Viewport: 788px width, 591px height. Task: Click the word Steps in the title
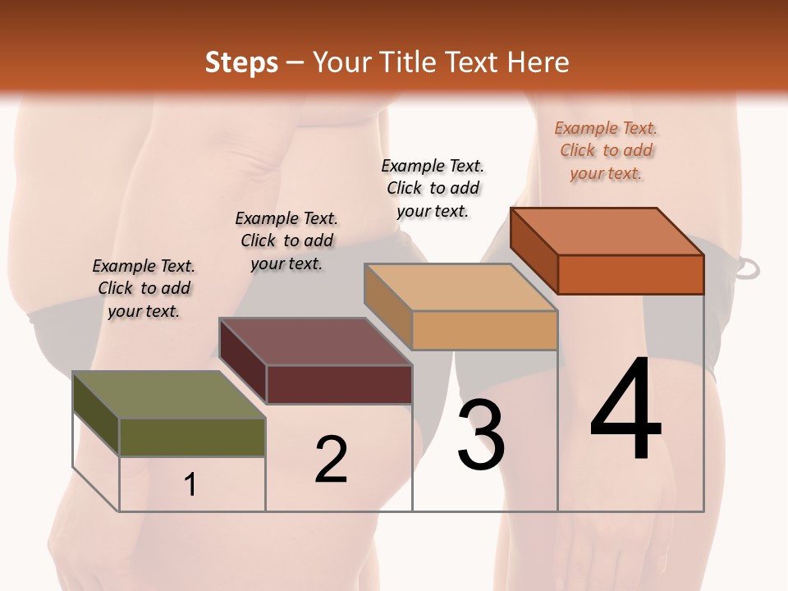(x=241, y=62)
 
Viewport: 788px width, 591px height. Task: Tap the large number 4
(x=625, y=410)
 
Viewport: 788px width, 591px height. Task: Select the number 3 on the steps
(x=480, y=435)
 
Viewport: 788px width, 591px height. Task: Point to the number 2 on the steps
(x=331, y=459)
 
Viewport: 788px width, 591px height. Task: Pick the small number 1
(x=190, y=485)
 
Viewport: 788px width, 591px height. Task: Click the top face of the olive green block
(x=169, y=395)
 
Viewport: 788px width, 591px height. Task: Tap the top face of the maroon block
(x=315, y=341)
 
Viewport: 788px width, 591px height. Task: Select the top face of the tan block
(x=461, y=287)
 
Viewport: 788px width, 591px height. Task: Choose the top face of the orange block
(x=607, y=231)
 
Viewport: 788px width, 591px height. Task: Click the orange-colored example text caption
(x=606, y=151)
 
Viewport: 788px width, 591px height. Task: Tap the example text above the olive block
(x=144, y=288)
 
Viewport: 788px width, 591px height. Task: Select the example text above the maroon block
(x=286, y=241)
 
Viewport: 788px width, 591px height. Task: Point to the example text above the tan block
(x=433, y=188)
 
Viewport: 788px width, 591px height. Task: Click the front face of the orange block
(x=630, y=274)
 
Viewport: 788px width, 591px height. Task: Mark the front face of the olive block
(x=192, y=437)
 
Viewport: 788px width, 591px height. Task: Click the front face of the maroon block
(x=339, y=384)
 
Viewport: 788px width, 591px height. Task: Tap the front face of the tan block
(x=484, y=330)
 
